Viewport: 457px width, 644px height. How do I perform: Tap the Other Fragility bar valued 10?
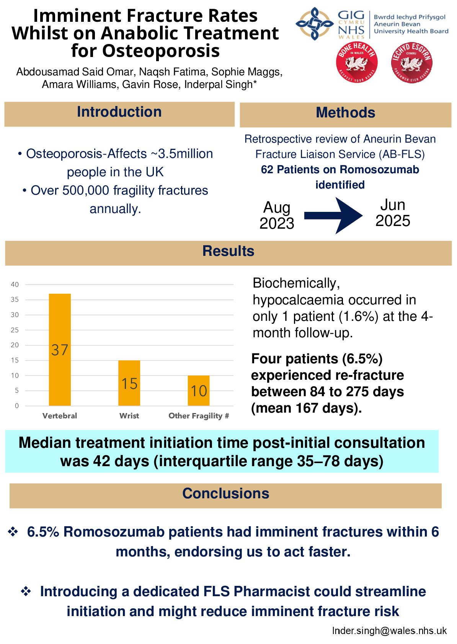198,390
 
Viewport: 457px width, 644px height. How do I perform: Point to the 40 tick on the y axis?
15,285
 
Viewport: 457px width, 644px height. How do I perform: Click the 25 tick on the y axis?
15,330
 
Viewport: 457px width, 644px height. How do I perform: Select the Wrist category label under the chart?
129,416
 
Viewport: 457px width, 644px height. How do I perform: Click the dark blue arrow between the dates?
333,216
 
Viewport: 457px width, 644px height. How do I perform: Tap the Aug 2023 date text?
277,216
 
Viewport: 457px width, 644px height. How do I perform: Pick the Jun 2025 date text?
393,213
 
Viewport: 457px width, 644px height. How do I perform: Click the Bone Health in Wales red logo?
357,63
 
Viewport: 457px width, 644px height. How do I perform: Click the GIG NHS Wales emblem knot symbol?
314,24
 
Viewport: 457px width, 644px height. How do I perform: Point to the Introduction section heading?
119,112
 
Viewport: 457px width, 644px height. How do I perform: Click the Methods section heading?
345,113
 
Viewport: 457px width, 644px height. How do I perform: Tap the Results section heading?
228,251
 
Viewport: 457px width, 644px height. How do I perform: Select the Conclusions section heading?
225,494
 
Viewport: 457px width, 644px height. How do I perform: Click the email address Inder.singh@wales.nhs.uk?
389,631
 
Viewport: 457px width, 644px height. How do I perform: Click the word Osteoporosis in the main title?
161,51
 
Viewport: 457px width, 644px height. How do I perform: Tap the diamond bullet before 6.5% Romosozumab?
13,532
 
